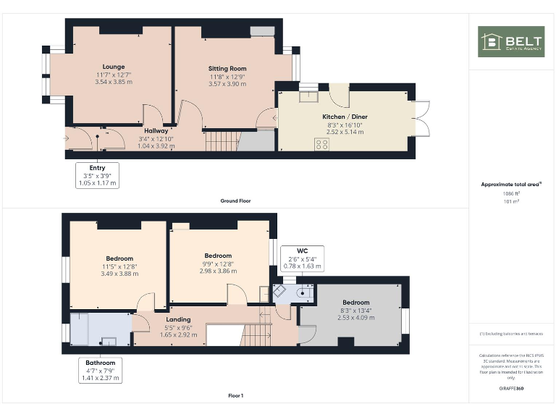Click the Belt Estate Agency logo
[x=511, y=42]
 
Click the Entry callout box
[x=97, y=175]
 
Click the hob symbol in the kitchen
[x=321, y=144]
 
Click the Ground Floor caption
[x=235, y=201]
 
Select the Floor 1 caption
[x=235, y=396]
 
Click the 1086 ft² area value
[x=511, y=193]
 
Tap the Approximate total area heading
[x=511, y=185]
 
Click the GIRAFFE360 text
[x=511, y=389]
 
